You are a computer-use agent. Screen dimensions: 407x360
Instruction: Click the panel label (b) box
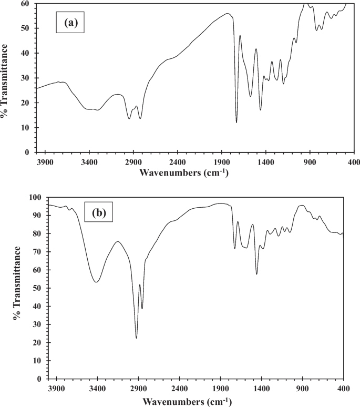pos(100,213)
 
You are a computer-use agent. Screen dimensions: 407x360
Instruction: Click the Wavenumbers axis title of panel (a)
pos(184,172)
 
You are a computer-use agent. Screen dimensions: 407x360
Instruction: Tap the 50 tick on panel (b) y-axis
pos(37,288)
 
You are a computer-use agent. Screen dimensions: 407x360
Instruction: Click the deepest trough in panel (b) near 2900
pos(136,338)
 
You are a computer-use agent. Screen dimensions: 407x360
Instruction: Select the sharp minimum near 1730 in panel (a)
pos(236,123)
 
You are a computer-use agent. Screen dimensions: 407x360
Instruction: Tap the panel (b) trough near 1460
pos(256,274)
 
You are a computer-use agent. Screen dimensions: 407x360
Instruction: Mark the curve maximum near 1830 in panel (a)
pos(227,14)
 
